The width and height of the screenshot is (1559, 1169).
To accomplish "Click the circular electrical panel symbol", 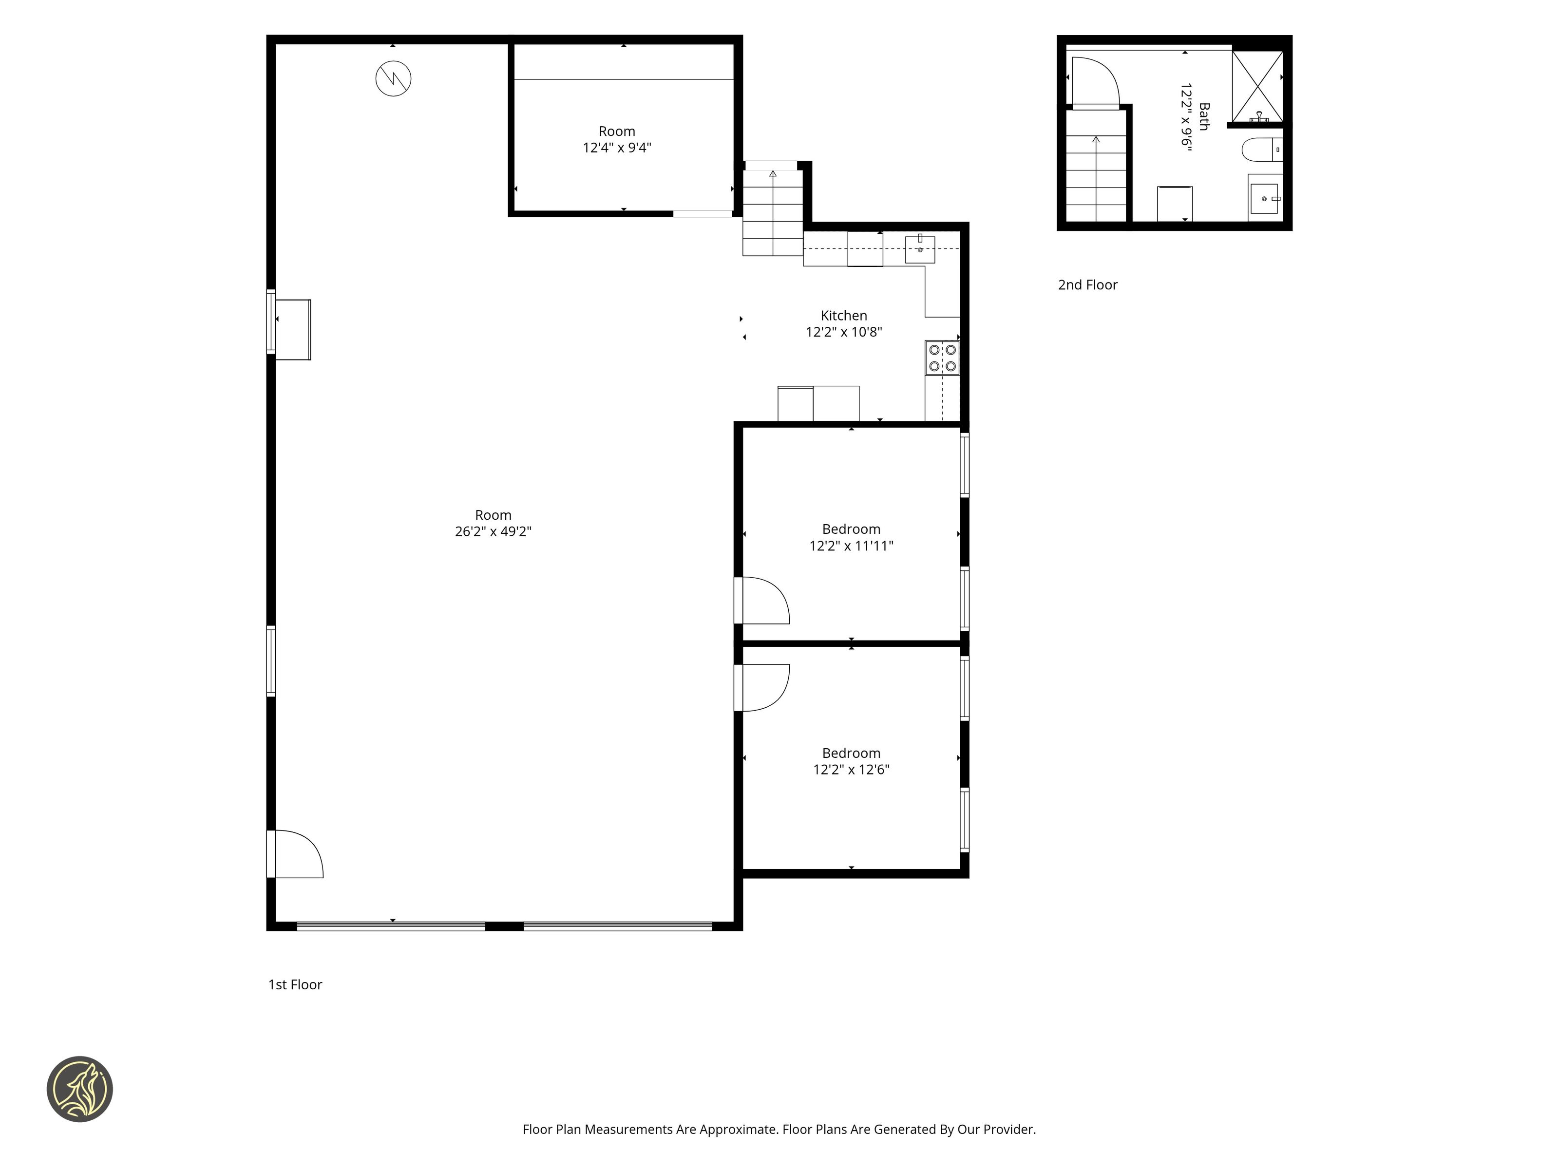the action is click(x=393, y=78).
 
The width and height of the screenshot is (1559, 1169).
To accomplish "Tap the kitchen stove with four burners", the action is click(x=942, y=358).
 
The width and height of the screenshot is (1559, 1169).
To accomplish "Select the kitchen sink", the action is click(x=920, y=249).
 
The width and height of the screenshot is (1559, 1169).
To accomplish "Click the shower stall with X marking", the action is click(x=1257, y=86).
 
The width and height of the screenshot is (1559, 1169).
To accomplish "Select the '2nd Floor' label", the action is click(x=1087, y=284).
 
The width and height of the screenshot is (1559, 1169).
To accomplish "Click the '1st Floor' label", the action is click(x=295, y=984).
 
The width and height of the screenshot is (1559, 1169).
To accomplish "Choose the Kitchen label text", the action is click(x=844, y=316).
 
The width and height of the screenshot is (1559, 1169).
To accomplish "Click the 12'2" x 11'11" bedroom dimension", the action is click(x=852, y=546).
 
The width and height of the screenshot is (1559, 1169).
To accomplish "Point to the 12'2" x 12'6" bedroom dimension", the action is click(x=852, y=770).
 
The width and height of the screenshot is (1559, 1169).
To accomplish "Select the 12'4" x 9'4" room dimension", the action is click(x=617, y=147).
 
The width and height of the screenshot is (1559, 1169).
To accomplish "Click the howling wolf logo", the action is click(x=79, y=1089).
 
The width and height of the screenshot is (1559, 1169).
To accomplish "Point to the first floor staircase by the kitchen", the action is click(x=773, y=212).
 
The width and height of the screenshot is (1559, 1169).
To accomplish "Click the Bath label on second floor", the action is click(x=1204, y=116).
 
